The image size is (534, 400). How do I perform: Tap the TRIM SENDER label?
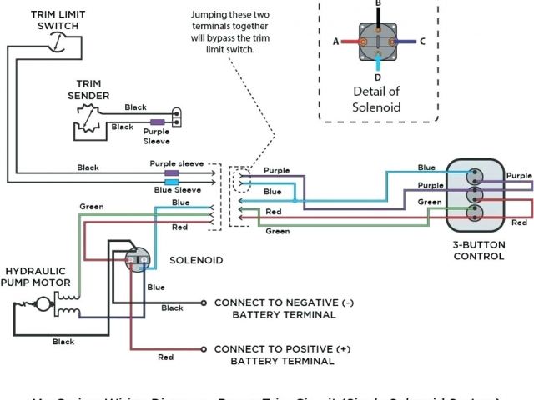click(x=88, y=90)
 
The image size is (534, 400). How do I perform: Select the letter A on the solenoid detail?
click(x=335, y=41)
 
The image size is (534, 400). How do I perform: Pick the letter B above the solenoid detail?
click(x=377, y=4)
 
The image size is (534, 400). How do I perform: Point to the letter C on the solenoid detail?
click(x=422, y=41)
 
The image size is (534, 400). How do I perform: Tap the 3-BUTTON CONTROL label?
click(x=478, y=251)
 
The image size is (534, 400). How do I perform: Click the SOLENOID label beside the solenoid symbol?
click(x=196, y=261)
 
